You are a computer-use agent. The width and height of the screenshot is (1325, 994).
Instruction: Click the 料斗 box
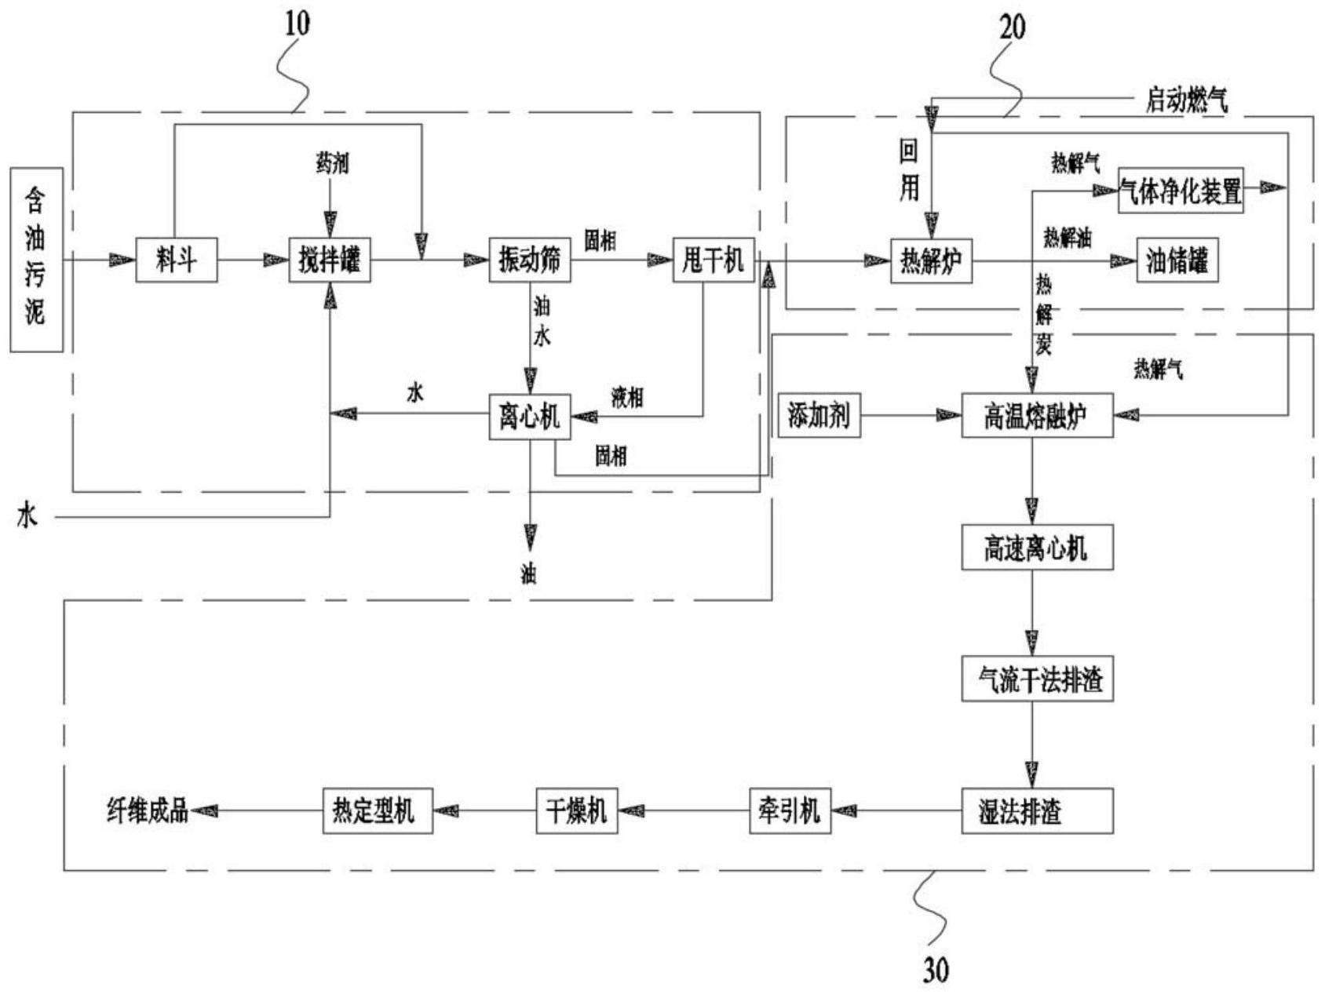pos(176,260)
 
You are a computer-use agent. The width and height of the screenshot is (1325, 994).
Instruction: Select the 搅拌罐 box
pos(330,260)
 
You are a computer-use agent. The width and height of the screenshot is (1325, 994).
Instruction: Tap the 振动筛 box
pos(529,260)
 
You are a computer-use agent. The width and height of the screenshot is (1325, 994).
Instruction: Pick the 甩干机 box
pos(714,260)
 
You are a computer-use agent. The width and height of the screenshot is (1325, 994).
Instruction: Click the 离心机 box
pos(529,416)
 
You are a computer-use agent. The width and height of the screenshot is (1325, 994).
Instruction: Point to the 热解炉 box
pos(931,260)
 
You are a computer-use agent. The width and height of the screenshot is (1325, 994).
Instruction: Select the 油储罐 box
pos(1177,260)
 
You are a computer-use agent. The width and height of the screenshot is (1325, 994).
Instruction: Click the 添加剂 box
pos(819,416)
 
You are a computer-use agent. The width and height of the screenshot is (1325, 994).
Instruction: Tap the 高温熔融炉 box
pos(1037,416)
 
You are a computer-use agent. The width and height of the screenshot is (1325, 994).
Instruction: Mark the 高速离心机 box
pos(1037,548)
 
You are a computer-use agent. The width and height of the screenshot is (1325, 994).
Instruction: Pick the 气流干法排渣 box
pos(1037,679)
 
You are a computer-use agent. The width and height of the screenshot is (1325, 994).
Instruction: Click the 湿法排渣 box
pos(1037,810)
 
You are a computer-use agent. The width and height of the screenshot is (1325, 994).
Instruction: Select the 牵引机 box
pos(790,810)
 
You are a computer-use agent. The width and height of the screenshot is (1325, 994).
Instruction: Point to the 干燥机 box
pos(577,810)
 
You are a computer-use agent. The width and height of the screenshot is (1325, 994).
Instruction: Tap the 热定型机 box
pos(378,810)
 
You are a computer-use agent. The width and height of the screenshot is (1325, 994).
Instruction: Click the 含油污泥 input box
pos(36,260)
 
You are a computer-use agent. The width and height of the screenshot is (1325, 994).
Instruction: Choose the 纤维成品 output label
pos(147,810)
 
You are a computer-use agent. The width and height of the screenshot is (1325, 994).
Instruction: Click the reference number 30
pos(935,970)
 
